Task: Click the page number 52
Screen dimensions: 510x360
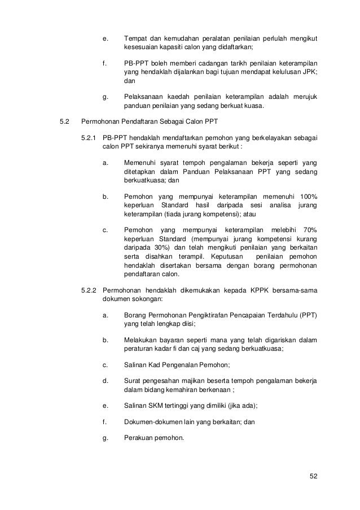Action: click(313, 476)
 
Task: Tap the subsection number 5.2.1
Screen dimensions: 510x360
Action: click(89, 138)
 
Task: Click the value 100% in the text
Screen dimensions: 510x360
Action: click(308, 197)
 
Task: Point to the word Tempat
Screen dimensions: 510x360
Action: click(134, 39)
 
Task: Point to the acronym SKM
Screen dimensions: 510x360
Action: click(156, 405)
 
